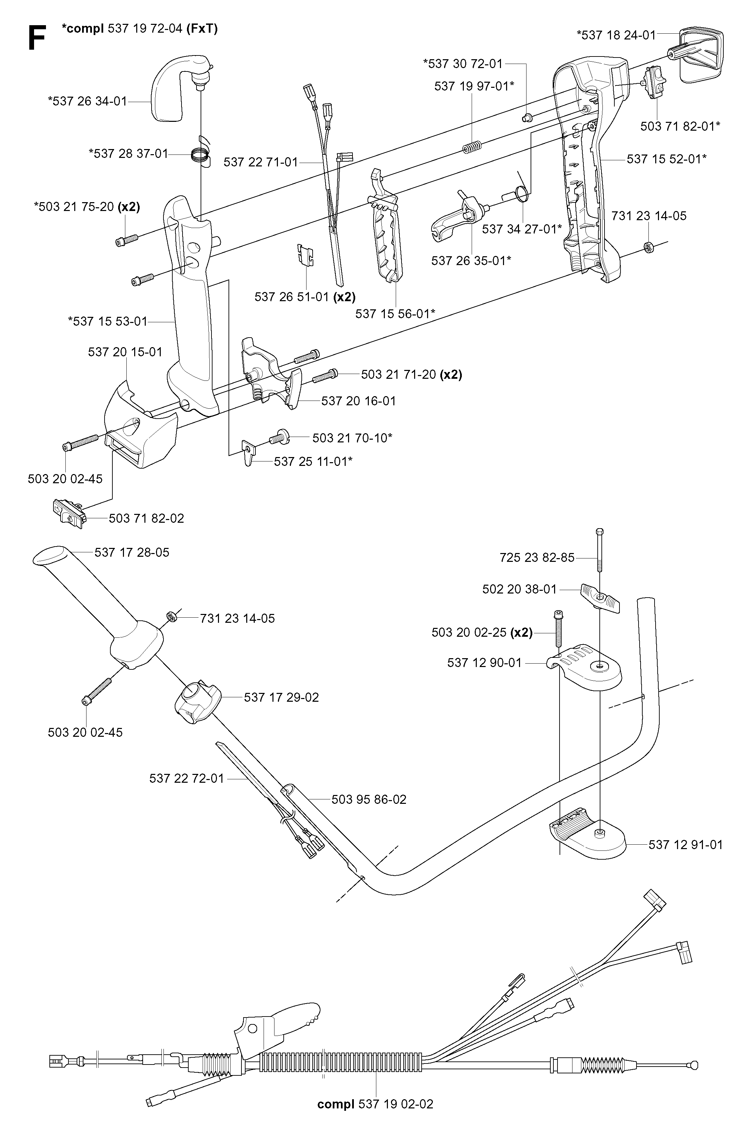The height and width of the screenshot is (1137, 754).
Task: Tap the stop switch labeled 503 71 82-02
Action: pyautogui.click(x=68, y=514)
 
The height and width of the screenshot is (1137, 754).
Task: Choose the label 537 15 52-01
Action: pyautogui.click(x=666, y=159)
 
